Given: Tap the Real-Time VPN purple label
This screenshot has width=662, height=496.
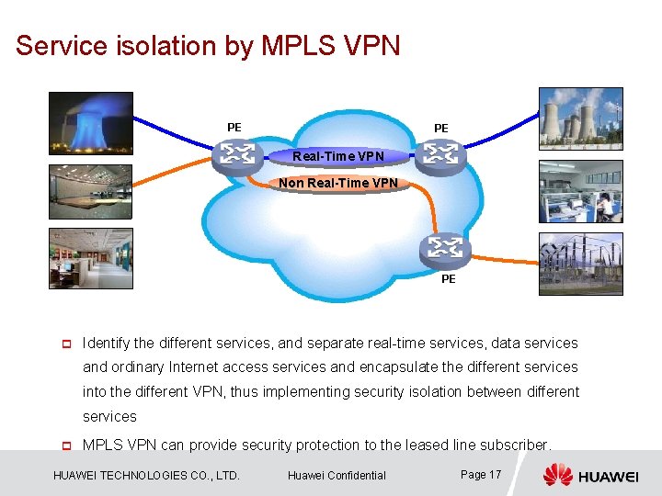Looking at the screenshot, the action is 338,156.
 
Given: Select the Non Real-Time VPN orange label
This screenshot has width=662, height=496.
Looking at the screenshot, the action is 338,183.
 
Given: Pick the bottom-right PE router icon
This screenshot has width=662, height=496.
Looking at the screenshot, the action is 445,249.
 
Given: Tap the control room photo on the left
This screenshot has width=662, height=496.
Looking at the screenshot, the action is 90,192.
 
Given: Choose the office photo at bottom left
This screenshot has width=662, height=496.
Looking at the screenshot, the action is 90,258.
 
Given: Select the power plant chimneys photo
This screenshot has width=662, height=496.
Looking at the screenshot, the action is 580,118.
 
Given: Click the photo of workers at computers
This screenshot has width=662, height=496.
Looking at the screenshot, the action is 580,191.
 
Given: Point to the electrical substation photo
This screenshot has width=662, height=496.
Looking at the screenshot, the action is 580,264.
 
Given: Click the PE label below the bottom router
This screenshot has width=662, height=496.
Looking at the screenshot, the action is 448,279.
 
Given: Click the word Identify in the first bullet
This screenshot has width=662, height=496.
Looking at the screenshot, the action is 106,344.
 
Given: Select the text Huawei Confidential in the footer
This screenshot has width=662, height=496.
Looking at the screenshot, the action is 337,475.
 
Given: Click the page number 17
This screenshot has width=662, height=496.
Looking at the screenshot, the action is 495,474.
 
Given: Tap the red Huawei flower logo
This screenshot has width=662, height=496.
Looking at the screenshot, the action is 557,475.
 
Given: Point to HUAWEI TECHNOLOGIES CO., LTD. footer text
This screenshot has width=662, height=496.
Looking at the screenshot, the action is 147,475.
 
